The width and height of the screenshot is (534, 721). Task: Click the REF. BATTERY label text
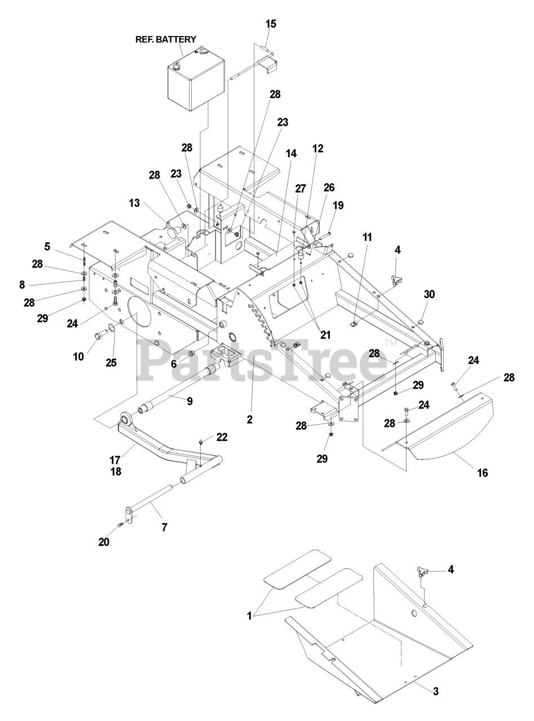coord(165,39)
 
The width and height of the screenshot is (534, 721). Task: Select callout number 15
coord(271,24)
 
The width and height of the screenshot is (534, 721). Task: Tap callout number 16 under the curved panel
coord(482,473)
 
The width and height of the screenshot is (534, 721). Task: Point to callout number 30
coord(430,295)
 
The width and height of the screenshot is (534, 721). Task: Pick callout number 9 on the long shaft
coord(189,401)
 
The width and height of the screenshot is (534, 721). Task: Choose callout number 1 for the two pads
coord(249,617)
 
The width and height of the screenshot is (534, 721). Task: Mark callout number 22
coord(222,438)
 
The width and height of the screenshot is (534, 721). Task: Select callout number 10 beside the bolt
coord(78,356)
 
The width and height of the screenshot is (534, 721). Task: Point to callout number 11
coord(367,238)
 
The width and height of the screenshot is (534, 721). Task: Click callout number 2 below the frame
coord(250,419)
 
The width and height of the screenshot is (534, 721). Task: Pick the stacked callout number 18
coord(116,471)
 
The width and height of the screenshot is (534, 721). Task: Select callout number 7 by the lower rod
coord(165,528)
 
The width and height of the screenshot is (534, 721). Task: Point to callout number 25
coord(111,362)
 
